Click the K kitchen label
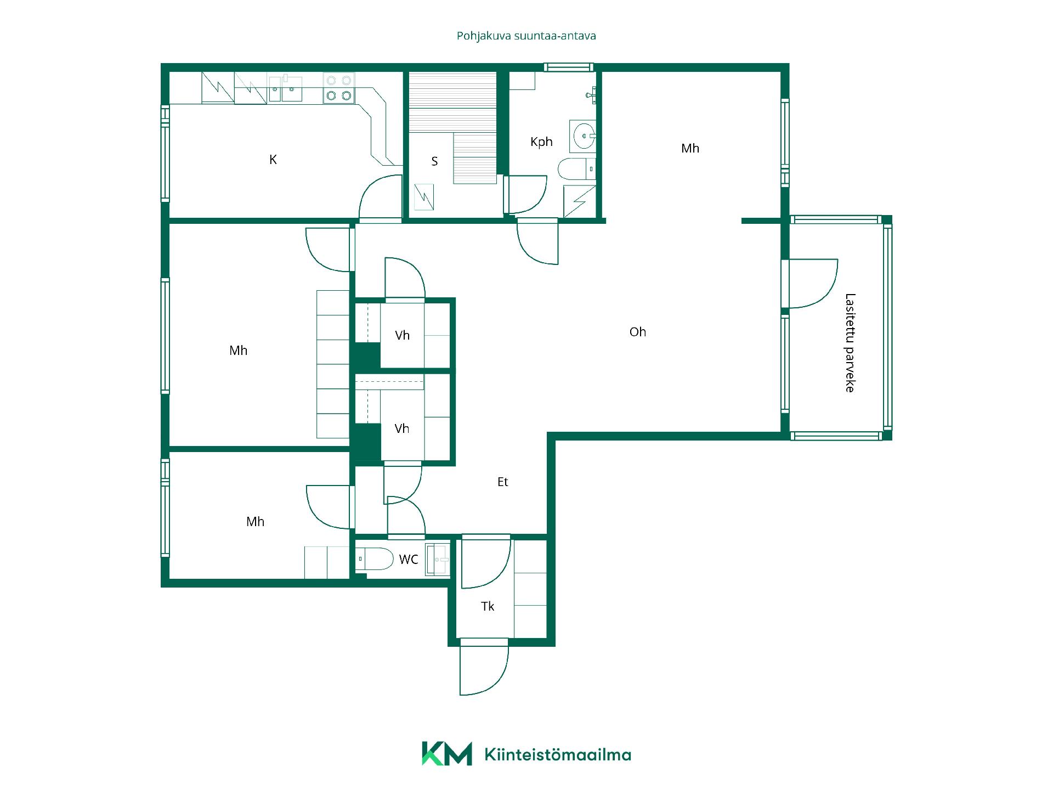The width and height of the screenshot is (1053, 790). (273, 160)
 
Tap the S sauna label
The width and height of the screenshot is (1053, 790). (434, 161)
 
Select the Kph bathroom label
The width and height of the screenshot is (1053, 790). (541, 142)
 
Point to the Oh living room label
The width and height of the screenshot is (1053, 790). (638, 332)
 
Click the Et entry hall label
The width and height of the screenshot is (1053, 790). (502, 482)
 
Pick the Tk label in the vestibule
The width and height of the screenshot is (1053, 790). (488, 606)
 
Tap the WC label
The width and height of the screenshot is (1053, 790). (409, 559)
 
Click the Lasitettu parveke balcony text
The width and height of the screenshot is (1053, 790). (850, 343)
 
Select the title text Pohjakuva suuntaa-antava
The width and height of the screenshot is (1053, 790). (526, 36)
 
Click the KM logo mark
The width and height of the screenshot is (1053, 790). (446, 754)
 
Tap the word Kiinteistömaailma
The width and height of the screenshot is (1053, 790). (558, 755)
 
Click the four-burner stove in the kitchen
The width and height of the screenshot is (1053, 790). (338, 88)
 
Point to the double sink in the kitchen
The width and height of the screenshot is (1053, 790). (285, 88)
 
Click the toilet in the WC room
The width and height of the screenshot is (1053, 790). (375, 560)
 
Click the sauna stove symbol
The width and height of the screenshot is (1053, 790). (423, 198)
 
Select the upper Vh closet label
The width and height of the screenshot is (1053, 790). (402, 336)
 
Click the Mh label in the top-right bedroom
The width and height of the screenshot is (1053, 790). (690, 148)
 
